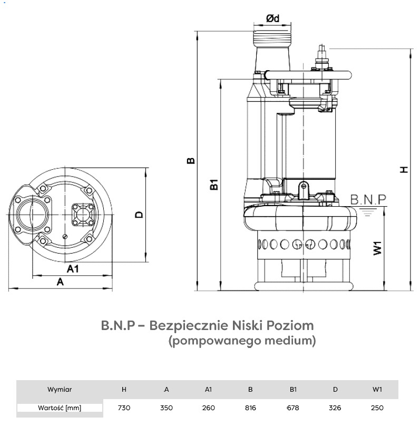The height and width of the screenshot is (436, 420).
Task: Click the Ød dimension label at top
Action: tap(272, 18)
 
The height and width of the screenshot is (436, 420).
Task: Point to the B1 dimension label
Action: tap(213, 185)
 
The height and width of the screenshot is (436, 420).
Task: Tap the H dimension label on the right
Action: tap(404, 169)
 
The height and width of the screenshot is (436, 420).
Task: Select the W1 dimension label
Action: tap(377, 248)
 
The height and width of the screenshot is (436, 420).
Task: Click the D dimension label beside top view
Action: tap(139, 215)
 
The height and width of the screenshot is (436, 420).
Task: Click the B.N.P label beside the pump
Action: tap(368, 199)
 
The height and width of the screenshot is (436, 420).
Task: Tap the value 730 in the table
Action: tap(124, 408)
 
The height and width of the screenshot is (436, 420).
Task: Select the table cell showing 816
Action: tap(250, 408)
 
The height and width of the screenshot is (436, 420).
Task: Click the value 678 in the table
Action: tap(293, 408)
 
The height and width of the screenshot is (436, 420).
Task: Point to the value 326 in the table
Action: tap(335, 408)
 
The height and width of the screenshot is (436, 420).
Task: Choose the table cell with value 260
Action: tap(208, 408)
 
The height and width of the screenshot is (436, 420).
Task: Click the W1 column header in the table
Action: tap(377, 390)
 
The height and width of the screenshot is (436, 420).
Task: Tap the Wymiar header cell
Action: tap(60, 390)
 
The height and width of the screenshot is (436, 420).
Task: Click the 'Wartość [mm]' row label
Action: tap(60, 408)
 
